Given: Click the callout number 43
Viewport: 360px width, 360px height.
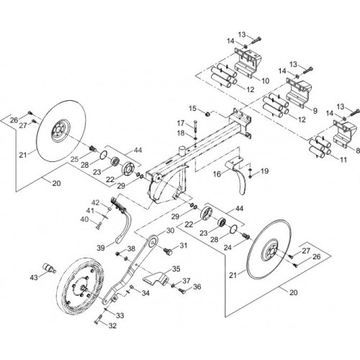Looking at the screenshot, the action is pyautogui.click(x=34, y=277).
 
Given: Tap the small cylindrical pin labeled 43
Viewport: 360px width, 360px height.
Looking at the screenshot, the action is pyautogui.click(x=50, y=268).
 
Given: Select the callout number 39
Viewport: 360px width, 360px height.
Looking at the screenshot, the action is pyautogui.click(x=101, y=248).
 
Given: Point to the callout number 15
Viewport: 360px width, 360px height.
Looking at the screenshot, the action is pyautogui.click(x=192, y=108).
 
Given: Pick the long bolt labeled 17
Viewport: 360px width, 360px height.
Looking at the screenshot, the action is pyautogui.click(x=194, y=127).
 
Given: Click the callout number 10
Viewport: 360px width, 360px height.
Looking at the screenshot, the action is pyautogui.click(x=265, y=81).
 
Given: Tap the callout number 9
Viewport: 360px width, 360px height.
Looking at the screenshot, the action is pyautogui.click(x=315, y=111).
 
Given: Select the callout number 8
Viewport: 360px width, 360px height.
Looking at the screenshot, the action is pyautogui.click(x=358, y=150).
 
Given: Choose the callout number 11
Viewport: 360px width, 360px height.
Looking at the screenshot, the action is pyautogui.click(x=343, y=160).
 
